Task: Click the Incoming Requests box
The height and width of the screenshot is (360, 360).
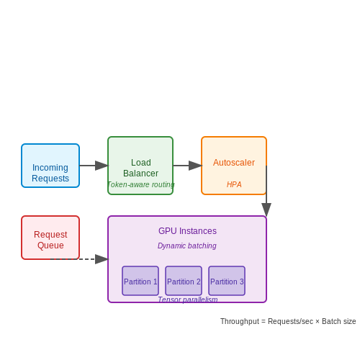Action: [x=50, y=166]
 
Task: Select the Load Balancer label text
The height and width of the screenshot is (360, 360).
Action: [x=141, y=168]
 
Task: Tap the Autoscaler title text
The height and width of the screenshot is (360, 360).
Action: [x=234, y=163]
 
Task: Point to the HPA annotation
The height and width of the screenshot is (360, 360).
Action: [x=234, y=184]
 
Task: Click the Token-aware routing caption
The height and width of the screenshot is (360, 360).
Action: [x=140, y=184]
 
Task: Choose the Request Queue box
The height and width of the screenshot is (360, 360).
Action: [x=50, y=238]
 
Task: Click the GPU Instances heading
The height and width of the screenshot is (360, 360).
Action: [x=187, y=231]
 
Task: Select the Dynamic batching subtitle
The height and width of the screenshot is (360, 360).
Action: [x=187, y=246]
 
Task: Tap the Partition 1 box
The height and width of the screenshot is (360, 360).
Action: [x=140, y=281]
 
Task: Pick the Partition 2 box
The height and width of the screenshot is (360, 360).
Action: [x=184, y=281]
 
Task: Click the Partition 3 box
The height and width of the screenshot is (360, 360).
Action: [x=227, y=281]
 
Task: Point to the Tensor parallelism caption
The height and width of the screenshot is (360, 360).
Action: [x=188, y=300]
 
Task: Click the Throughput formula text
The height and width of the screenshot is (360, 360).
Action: [x=288, y=321]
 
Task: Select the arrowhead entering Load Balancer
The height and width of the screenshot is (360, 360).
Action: [x=102, y=166]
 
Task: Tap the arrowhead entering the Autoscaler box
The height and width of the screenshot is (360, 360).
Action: [x=195, y=166]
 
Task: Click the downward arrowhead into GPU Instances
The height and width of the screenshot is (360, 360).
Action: [x=266, y=210]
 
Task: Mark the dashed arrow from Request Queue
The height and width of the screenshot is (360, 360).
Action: [x=79, y=259]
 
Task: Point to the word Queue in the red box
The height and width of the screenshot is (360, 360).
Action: [x=50, y=246]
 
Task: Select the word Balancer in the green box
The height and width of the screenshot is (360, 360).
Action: [x=141, y=174]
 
